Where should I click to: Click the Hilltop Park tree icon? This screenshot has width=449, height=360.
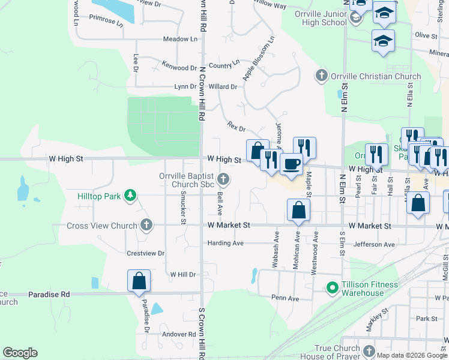click(x=129, y=196)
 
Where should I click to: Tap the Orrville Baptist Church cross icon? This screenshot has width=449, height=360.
click(x=223, y=178)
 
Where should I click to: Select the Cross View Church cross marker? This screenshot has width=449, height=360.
click(x=145, y=225)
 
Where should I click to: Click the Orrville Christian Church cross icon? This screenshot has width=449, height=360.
click(x=321, y=76)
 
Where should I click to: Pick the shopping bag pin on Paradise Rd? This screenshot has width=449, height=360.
click(x=139, y=281)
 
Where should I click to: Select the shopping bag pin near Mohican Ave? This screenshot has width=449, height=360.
click(x=298, y=211)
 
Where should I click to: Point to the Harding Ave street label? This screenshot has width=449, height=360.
click(x=225, y=243)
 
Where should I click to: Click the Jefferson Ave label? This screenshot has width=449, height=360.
click(x=374, y=244)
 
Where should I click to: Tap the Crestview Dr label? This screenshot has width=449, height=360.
click(x=145, y=253)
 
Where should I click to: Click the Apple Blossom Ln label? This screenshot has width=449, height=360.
click(x=258, y=58)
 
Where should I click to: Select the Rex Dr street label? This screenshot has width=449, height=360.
click(x=237, y=127)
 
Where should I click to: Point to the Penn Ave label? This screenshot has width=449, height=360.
click(x=285, y=298)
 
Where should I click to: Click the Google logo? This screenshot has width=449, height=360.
click(x=20, y=352)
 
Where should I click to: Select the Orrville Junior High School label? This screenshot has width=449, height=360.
click(x=317, y=18)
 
